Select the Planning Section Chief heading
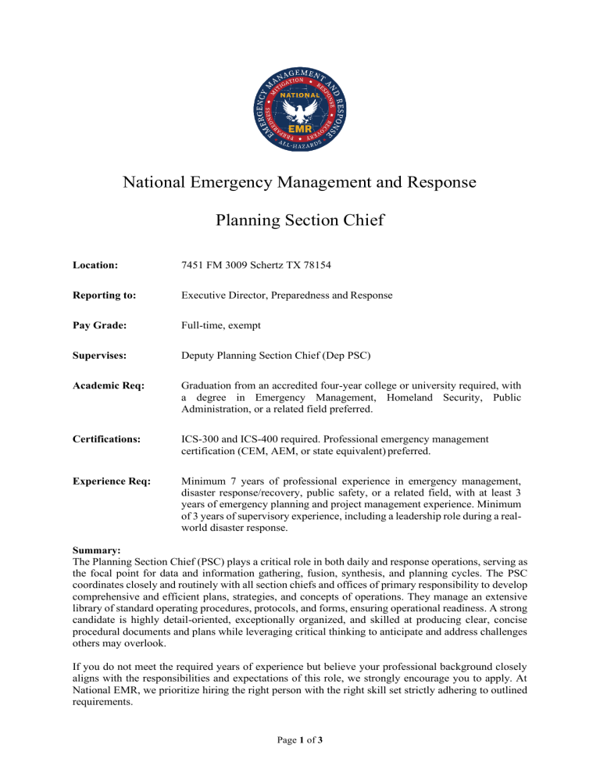(x=300, y=220)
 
